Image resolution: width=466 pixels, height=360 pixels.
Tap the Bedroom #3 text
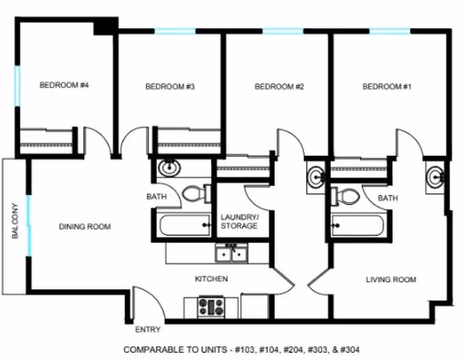click(x=170, y=87)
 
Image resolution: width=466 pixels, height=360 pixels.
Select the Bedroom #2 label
click(x=278, y=87)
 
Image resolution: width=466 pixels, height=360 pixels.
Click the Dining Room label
click(x=85, y=227)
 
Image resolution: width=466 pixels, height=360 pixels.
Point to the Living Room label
click(x=391, y=280)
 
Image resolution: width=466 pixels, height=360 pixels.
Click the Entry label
click(x=148, y=330)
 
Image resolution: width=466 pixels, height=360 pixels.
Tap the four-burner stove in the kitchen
click(x=211, y=307)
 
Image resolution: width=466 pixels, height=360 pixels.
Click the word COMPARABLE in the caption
click(x=149, y=349)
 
